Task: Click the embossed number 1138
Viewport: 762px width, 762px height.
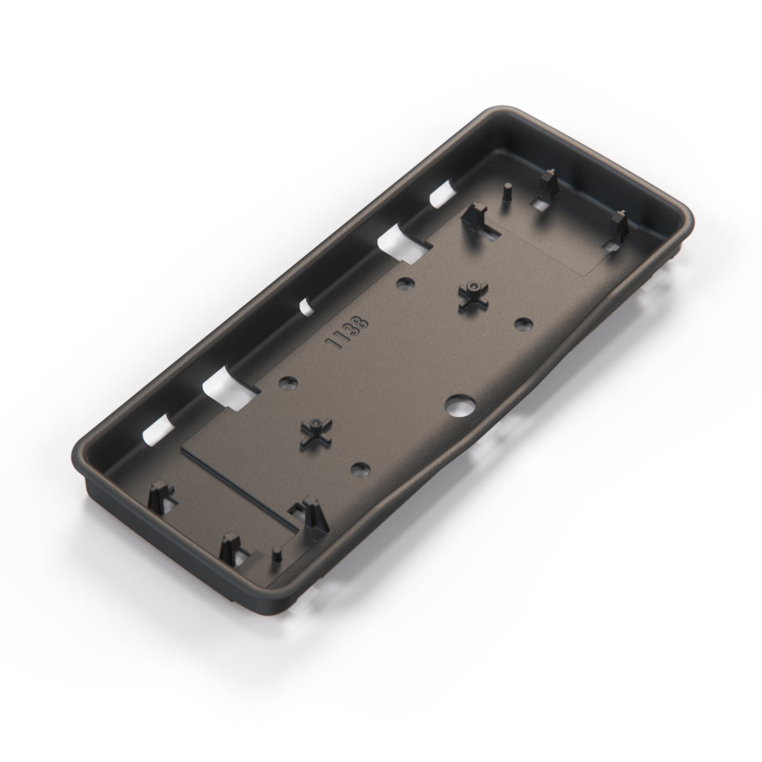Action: (347, 333)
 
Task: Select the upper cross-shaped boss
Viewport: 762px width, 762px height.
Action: (473, 295)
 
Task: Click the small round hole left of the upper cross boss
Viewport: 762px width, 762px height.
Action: (404, 283)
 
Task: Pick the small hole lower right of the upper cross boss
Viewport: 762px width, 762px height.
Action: (523, 324)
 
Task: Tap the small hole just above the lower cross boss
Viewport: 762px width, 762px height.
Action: (288, 382)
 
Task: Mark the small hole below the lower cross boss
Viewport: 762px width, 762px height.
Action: (361, 469)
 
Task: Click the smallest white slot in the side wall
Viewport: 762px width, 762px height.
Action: (306, 307)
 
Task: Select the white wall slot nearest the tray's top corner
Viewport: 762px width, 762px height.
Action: (442, 194)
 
